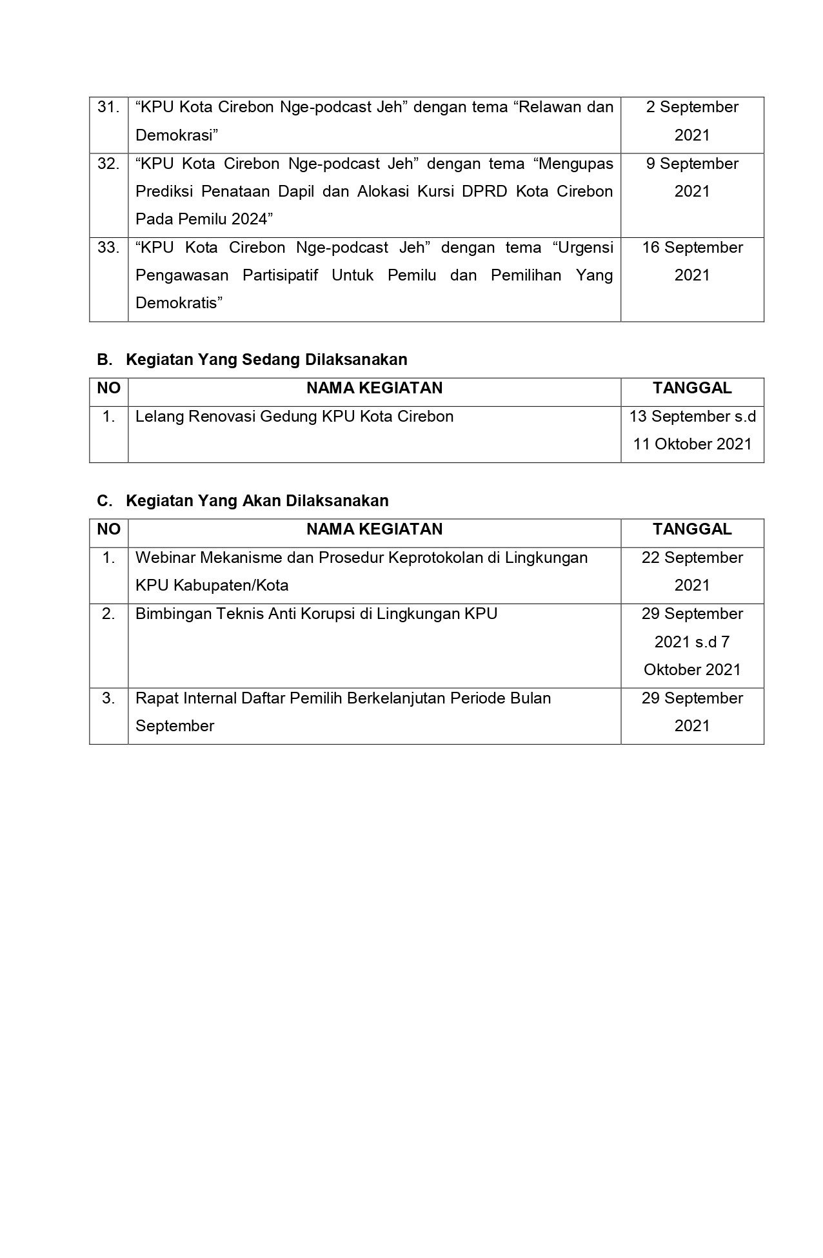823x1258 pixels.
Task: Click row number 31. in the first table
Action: click(x=108, y=107)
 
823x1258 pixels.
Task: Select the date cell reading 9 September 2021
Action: click(x=692, y=177)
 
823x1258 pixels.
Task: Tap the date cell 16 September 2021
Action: click(x=692, y=261)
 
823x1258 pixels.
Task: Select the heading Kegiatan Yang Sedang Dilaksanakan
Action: click(x=266, y=360)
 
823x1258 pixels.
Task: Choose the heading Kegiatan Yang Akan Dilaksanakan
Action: click(x=257, y=501)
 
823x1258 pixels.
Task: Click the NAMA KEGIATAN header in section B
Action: click(x=374, y=388)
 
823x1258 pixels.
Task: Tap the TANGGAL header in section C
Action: click(x=692, y=529)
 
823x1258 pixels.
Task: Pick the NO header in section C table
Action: click(x=108, y=529)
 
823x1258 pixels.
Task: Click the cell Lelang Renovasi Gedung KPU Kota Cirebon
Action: click(x=294, y=417)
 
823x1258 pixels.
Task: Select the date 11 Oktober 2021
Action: click(x=692, y=444)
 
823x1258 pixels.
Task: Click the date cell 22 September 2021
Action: click(x=692, y=571)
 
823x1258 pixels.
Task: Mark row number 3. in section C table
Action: click(x=108, y=698)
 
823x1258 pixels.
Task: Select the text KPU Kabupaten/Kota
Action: click(x=212, y=585)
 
